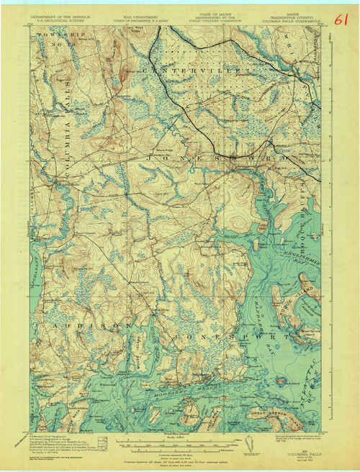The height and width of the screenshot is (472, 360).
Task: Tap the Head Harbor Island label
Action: (277, 412)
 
